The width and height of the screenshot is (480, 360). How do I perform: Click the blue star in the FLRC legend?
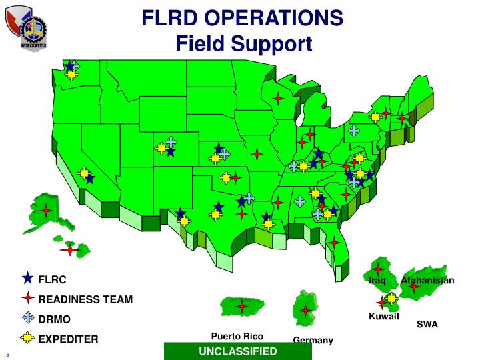(27, 278)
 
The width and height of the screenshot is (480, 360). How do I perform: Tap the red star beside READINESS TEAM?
(27, 298)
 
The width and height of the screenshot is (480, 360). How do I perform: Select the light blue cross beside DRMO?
(27, 318)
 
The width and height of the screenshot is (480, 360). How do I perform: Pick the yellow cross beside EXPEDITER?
(27, 338)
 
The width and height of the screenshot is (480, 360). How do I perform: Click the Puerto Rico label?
(237, 336)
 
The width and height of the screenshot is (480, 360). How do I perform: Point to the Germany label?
(313, 341)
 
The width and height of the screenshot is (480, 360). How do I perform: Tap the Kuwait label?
(384, 317)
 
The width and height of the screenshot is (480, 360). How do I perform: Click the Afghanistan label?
(427, 280)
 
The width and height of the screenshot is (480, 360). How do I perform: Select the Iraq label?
(378, 281)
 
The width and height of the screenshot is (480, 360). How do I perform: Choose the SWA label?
(427, 325)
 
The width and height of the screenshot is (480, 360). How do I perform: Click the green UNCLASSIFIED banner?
(237, 351)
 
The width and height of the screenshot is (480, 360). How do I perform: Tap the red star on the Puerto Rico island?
(242, 307)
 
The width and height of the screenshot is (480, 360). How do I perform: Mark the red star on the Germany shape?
(305, 310)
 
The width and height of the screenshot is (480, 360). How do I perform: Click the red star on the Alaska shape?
(46, 211)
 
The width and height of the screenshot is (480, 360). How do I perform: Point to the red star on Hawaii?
(69, 249)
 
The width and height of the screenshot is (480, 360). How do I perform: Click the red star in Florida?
(333, 242)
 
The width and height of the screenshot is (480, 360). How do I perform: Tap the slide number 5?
(7, 354)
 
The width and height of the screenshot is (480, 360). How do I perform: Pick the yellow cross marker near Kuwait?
(391, 298)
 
